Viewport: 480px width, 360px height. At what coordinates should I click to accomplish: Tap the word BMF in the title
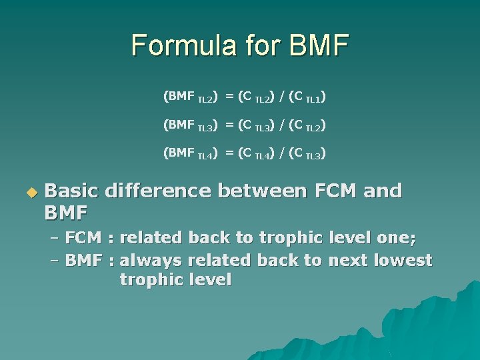click(319, 45)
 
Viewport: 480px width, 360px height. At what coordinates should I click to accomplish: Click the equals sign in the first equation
click(229, 97)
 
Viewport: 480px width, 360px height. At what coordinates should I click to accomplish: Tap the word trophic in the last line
click(150, 280)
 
